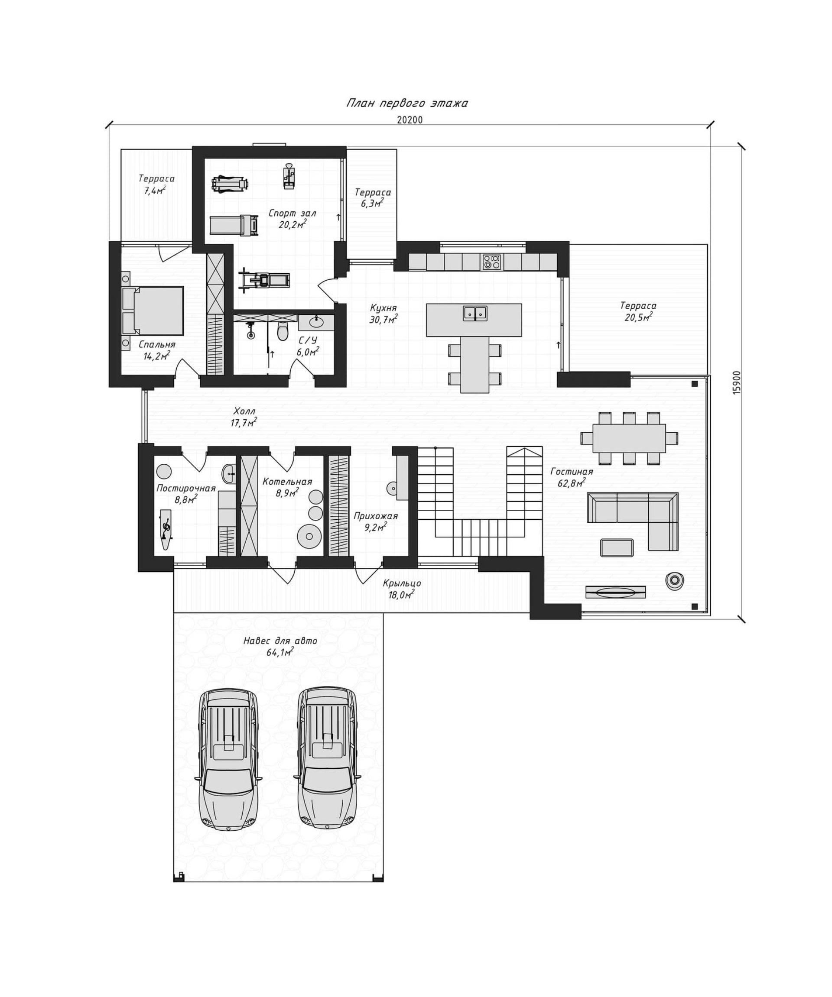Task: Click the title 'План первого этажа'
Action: [x=406, y=104]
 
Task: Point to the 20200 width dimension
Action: [x=410, y=120]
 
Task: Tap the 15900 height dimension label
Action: [x=737, y=383]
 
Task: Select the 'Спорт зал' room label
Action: [x=292, y=213]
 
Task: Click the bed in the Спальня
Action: [x=153, y=311]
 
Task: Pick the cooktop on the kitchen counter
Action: [x=491, y=262]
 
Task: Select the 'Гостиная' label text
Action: [x=572, y=472]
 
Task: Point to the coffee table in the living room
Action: [x=616, y=547]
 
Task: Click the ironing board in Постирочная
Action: [x=166, y=529]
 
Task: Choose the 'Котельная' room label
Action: [x=287, y=482]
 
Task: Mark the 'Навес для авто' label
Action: [x=280, y=641]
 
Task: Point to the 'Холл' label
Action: [x=244, y=411]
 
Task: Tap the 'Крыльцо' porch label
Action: [x=402, y=583]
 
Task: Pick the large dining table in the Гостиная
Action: [x=629, y=438]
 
